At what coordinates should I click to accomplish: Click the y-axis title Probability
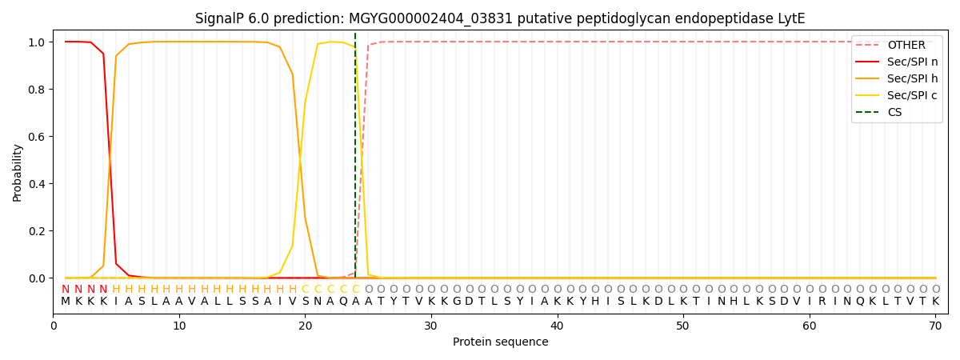(18, 172)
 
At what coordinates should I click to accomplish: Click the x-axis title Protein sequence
(500, 342)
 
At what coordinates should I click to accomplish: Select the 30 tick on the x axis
(431, 326)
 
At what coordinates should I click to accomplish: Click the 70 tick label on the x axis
(935, 326)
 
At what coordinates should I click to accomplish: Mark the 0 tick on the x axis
(54, 326)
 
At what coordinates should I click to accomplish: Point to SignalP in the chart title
(218, 18)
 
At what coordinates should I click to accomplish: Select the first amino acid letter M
(66, 302)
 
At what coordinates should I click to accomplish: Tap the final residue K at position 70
(935, 302)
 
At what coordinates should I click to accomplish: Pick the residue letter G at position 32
(457, 302)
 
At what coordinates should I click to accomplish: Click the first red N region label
(66, 289)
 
